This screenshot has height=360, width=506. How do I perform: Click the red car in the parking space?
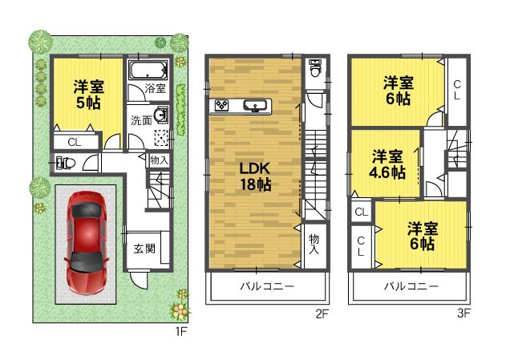click(85, 244)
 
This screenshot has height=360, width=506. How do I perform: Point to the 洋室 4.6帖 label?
click(387, 164)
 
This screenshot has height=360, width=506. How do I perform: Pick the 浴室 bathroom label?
click(155, 90)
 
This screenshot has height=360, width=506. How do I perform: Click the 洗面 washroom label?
click(141, 120)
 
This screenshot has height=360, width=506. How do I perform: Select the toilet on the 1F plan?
click(66, 164)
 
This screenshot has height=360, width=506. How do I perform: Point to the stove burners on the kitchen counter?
click(221, 106)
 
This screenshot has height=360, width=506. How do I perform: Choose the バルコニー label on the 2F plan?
click(268, 287)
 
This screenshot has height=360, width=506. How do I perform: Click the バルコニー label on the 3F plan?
click(409, 287)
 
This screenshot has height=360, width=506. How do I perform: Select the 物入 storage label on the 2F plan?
click(314, 245)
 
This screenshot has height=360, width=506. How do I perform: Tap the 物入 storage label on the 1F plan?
click(159, 160)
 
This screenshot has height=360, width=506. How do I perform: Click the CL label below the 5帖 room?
click(74, 143)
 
